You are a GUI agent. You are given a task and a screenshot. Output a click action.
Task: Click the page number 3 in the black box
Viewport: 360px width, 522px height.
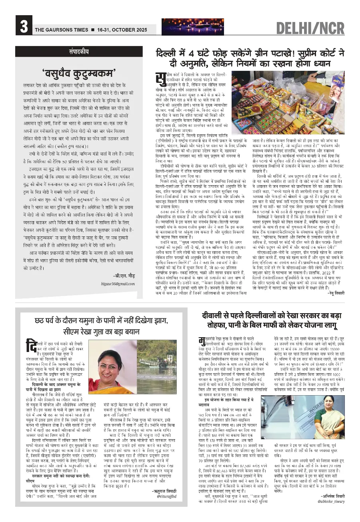pyautogui.click(x=23, y=27)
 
